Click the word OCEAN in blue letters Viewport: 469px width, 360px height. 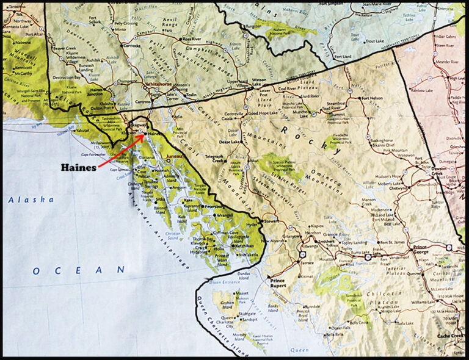tap(79, 270)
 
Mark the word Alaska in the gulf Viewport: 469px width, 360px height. tap(31, 199)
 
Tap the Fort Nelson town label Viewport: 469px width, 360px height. tap(375, 98)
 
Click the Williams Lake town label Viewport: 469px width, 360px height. tap(423, 302)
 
